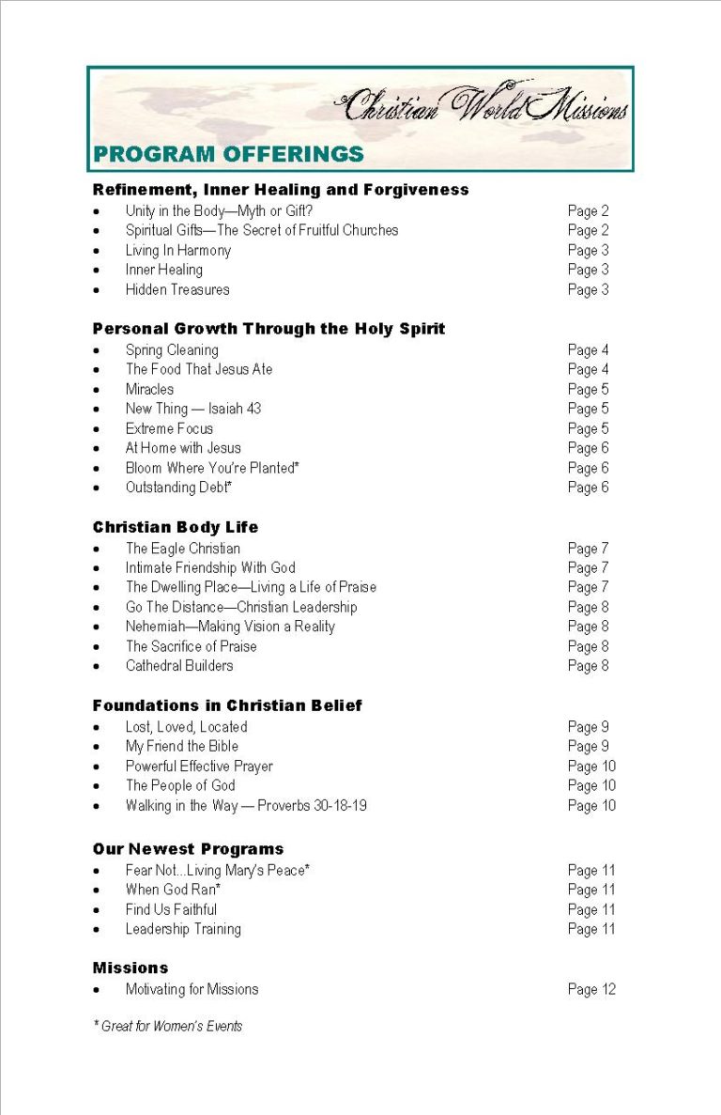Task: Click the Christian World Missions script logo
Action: point(483,105)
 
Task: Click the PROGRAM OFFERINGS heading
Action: point(228,154)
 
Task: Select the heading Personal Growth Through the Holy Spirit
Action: point(268,329)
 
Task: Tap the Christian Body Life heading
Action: point(175,527)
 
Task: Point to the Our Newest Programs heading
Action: point(188,849)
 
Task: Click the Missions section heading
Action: point(130,968)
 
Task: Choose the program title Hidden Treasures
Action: point(177,289)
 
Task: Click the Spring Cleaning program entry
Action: point(172,349)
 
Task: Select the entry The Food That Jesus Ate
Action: point(199,369)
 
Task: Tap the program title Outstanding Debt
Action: point(178,488)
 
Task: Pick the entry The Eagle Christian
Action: point(183,549)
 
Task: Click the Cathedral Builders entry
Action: point(179,666)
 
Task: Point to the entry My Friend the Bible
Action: point(182,747)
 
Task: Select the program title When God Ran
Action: point(173,890)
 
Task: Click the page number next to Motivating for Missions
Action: point(591,989)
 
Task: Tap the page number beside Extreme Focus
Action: point(588,428)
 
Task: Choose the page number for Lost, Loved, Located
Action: point(588,727)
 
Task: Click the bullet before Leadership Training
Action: point(97,930)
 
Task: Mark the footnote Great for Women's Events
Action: point(168,1027)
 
